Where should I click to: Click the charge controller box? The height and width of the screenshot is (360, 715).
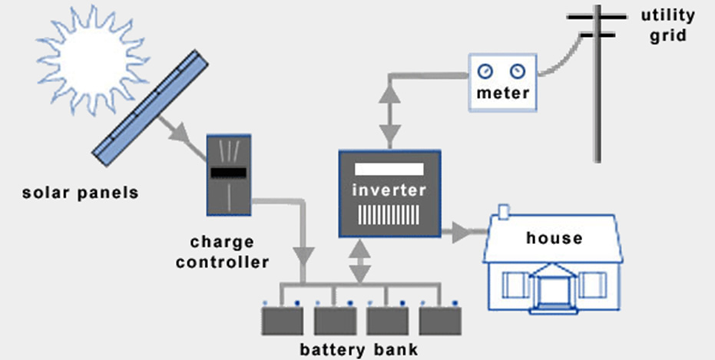230,174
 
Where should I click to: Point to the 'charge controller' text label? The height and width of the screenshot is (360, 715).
223,252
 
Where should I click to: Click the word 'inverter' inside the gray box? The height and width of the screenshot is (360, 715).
389,190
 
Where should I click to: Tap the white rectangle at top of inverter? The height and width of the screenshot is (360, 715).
389,168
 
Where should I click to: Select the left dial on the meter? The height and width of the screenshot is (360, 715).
485,72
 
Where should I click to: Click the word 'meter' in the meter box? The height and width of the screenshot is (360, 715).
502,94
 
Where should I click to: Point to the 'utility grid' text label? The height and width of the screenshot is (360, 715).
667,25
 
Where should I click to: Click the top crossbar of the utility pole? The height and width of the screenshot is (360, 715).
597,15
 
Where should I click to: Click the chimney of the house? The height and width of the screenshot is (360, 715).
505,212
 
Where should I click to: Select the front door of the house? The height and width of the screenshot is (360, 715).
552,292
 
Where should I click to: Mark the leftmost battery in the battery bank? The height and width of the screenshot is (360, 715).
284,321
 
